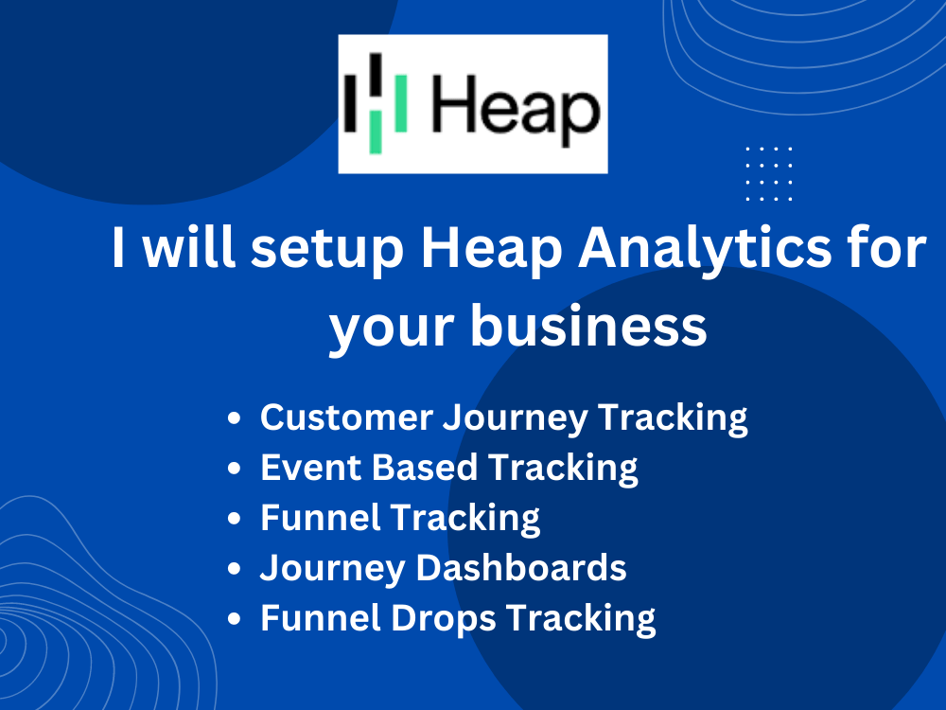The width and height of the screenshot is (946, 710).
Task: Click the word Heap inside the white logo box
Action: (x=516, y=106)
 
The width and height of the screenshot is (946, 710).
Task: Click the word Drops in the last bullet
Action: (x=447, y=618)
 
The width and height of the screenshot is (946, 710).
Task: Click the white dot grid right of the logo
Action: (x=768, y=173)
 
